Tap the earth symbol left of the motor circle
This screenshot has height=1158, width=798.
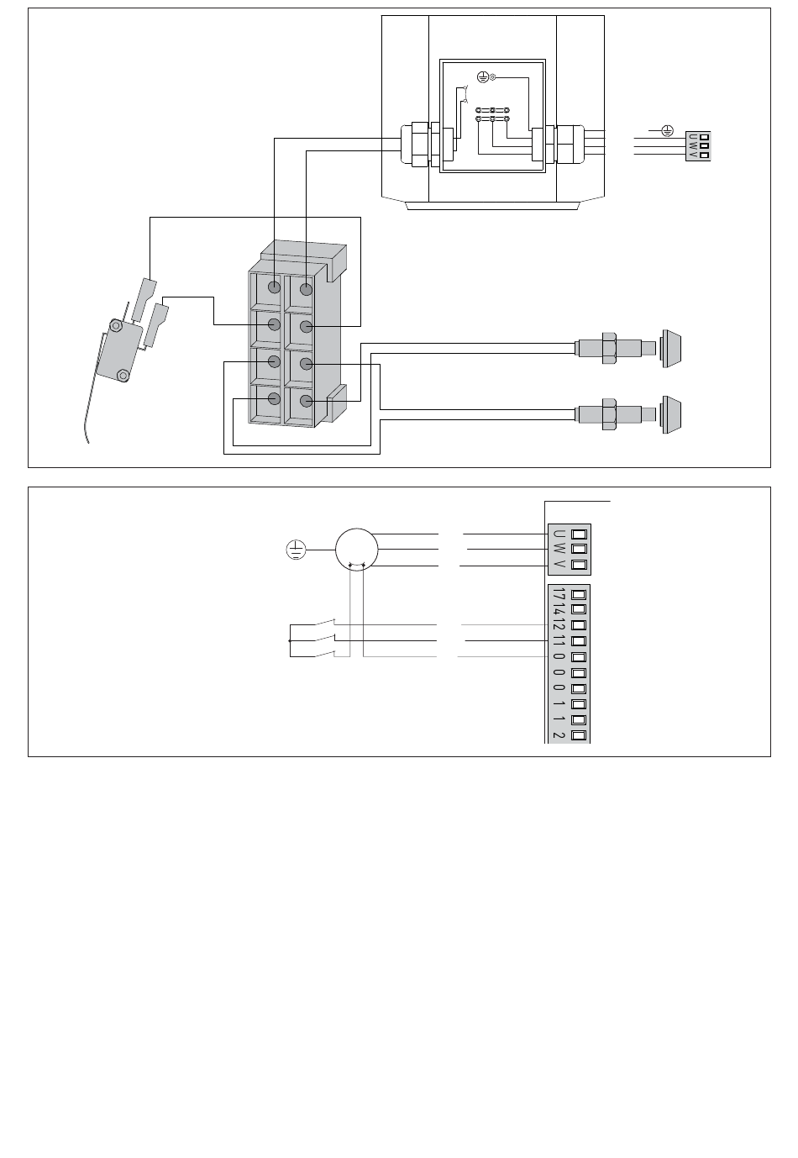(295, 551)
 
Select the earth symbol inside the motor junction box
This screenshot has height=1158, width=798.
(482, 77)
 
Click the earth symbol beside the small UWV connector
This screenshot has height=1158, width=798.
(667, 130)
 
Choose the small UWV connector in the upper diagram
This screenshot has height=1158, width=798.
(698, 146)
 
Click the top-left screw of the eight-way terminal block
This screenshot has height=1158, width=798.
(275, 287)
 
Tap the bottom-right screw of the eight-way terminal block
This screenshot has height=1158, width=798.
(306, 402)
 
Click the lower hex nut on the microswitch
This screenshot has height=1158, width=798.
(123, 375)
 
